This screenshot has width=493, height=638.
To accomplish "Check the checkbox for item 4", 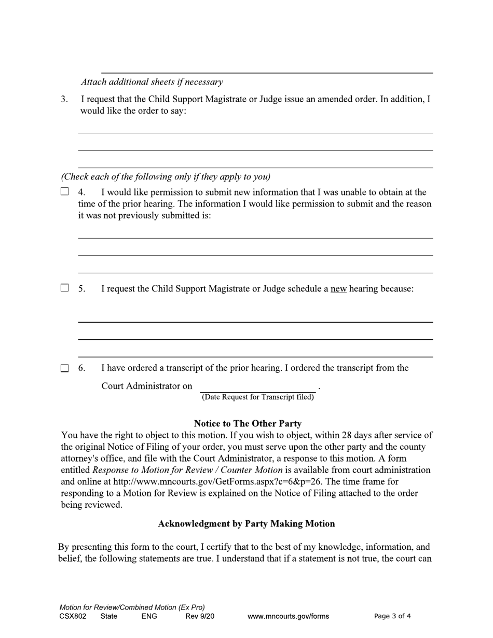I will tap(64, 192).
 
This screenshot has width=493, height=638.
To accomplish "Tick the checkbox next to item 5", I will tap(64, 288).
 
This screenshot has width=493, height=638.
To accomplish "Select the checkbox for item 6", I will tap(64, 368).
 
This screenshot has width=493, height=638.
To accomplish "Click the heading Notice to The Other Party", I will tap(247, 424).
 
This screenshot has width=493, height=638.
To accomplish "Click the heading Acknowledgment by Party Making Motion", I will tap(246, 524).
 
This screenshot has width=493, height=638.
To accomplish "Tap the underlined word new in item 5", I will tap(338, 289).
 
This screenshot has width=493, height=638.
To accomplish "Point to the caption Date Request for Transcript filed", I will tap(257, 397).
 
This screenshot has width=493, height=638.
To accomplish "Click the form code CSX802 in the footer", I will tap(73, 616).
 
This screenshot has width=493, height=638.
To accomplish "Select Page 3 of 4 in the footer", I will tap(392, 616).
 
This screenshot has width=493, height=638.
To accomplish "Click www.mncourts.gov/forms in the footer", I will tap(288, 616).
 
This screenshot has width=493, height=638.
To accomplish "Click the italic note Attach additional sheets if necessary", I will tap(152, 82).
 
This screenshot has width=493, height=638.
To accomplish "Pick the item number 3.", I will tap(64, 99).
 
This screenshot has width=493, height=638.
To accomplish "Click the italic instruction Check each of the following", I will tap(166, 176).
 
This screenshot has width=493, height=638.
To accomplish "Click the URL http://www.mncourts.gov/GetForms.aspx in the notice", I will tap(202, 482).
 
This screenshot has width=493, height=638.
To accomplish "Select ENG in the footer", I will tap(149, 616).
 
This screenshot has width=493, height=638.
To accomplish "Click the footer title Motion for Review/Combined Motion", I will tap(132, 607).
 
